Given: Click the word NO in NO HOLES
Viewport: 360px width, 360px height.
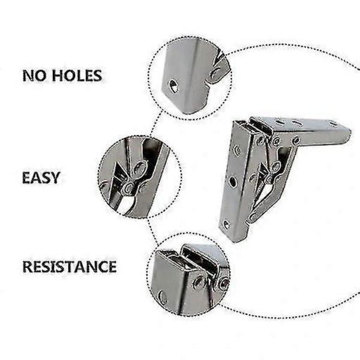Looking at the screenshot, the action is pyautogui.click(x=34, y=76).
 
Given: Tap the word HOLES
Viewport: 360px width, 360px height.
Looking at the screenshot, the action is pyautogui.click(x=77, y=76).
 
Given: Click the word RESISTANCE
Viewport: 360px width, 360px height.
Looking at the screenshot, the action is pyautogui.click(x=70, y=266).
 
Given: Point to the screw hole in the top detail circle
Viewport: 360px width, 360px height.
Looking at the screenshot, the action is pyautogui.click(x=173, y=86).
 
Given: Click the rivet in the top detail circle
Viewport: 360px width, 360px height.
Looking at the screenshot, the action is pyautogui.click(x=216, y=73).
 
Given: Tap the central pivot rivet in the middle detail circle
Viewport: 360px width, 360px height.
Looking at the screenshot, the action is pyautogui.click(x=129, y=188).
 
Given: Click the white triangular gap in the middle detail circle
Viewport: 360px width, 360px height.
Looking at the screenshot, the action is pyautogui.click(x=125, y=206).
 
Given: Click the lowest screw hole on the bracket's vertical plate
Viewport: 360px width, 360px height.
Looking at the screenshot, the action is pyautogui.click(x=226, y=225).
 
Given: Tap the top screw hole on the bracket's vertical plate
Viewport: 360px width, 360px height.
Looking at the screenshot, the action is pyautogui.click(x=237, y=151).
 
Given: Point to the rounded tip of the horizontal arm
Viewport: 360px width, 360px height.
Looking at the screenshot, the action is pyautogui.click(x=349, y=133).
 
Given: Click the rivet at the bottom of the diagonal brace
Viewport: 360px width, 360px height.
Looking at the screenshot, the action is pyautogui.click(x=252, y=216).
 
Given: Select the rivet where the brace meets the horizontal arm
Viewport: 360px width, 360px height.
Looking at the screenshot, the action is pyautogui.click(x=296, y=140).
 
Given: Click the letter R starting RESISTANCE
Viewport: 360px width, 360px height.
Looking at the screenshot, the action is pyautogui.click(x=28, y=266).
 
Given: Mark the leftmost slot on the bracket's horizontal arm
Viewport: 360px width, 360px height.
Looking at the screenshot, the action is pyautogui.click(x=280, y=122).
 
